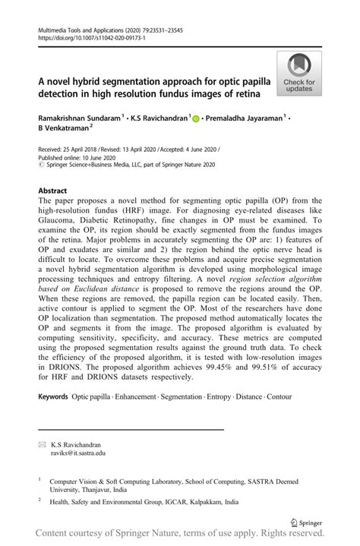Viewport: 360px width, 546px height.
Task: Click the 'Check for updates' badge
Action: click(299, 74)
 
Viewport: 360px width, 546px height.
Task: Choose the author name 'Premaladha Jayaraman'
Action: click(242, 118)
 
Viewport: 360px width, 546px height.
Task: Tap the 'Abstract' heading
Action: click(52, 191)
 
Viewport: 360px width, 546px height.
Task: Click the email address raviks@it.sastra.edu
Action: click(78, 452)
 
